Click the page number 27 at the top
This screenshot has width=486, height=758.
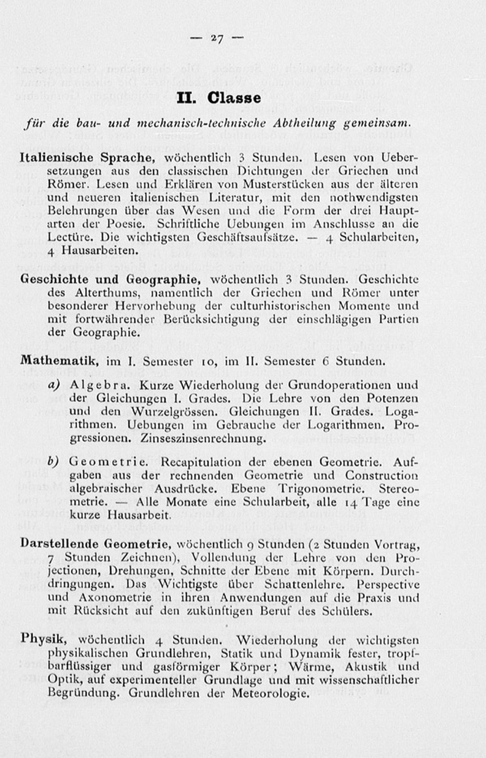(217, 39)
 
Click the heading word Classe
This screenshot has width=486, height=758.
(234, 98)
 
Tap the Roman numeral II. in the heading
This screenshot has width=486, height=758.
(187, 98)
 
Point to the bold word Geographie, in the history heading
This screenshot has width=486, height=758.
(163, 279)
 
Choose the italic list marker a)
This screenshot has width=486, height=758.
(54, 384)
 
